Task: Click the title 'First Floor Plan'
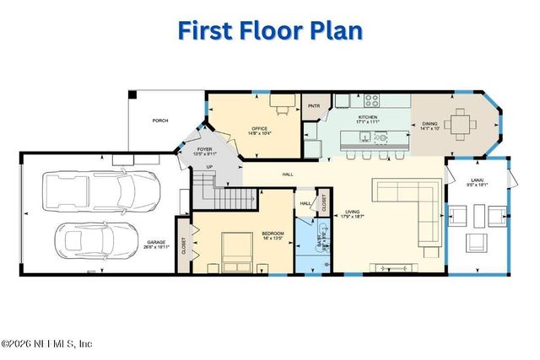270,30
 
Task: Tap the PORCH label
160,121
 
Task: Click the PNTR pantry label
314,106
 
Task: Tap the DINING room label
429,126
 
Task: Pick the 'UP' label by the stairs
209,167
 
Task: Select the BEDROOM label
273,234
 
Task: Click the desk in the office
282,102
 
